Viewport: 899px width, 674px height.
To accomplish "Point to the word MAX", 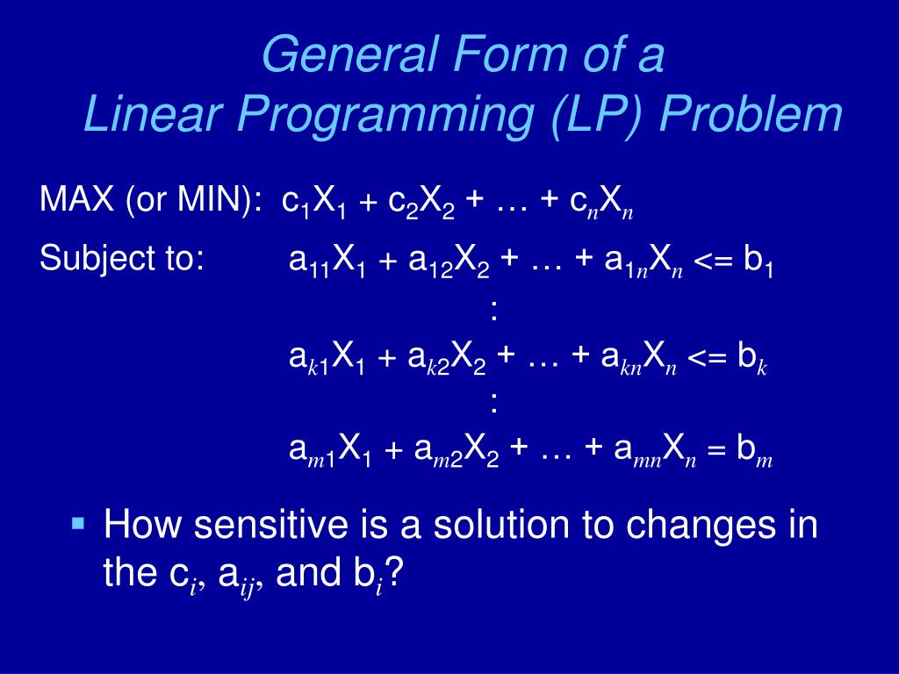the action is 77,198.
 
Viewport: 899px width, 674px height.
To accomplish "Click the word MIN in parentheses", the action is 216,198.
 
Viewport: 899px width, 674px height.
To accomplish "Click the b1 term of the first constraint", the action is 759,262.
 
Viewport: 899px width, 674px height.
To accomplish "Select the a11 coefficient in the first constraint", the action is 310,262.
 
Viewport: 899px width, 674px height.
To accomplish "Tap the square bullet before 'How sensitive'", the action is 78,523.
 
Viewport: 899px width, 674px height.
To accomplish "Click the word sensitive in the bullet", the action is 270,525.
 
